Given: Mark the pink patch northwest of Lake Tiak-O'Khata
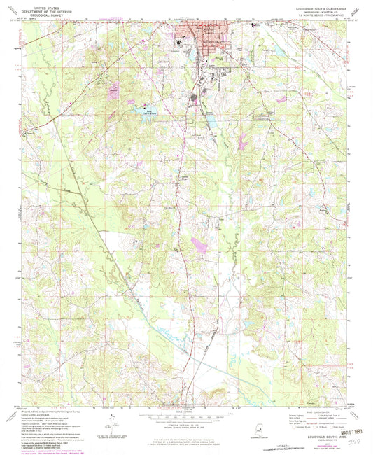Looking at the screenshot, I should (x=113, y=89).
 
